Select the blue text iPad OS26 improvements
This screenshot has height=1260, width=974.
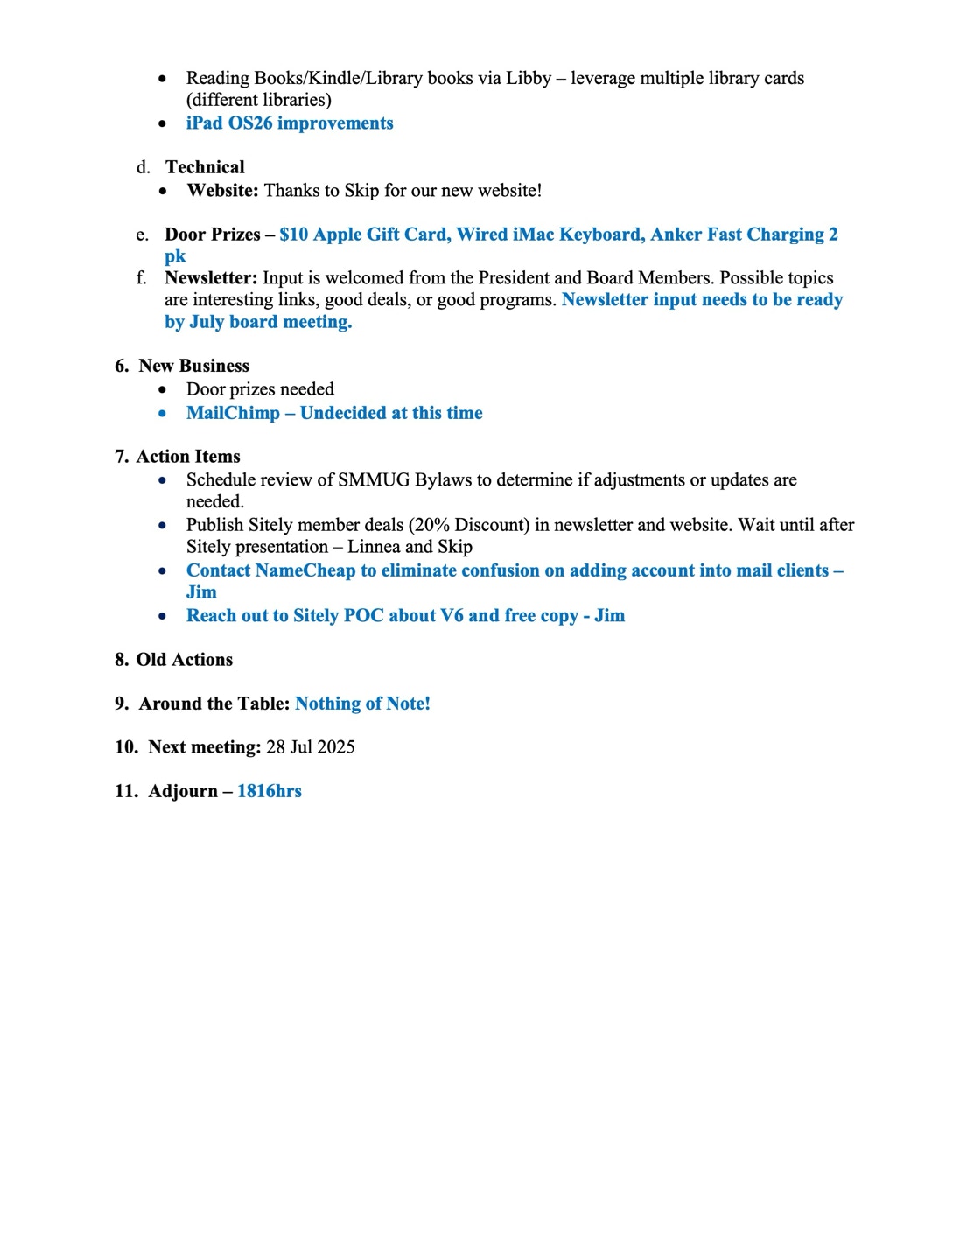coord(290,123)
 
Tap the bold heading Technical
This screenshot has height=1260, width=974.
coord(205,167)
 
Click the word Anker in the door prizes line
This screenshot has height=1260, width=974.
coord(676,234)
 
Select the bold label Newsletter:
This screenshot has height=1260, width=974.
coord(211,278)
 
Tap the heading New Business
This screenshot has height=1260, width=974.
coord(193,367)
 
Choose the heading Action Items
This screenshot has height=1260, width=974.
coord(188,457)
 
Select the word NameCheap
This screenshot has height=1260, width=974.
coord(305,570)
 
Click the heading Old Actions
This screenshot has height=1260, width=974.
coord(185,660)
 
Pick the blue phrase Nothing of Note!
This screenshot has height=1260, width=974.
coord(362,703)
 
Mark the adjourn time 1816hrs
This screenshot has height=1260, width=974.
coord(270,791)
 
